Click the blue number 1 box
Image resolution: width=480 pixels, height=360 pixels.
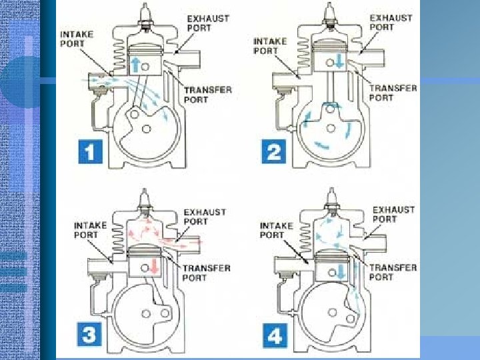point(90,151)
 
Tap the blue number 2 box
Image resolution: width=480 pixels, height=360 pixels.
point(274,151)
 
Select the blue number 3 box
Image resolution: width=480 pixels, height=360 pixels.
point(89,334)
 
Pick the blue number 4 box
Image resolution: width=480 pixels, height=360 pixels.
point(275,335)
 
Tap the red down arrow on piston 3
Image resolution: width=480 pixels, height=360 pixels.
point(154,265)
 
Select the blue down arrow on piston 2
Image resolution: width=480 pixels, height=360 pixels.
point(339,61)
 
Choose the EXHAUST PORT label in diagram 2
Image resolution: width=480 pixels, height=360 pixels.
point(391,23)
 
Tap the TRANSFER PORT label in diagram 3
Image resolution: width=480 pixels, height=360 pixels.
point(206,273)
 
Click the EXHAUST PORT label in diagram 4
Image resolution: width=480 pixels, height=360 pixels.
point(393,215)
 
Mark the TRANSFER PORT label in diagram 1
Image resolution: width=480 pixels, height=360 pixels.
point(208,95)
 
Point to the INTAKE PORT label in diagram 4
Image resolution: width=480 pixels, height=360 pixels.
point(277,231)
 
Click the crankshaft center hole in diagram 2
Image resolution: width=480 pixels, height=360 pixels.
point(331,128)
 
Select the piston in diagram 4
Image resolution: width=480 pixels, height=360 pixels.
point(333,265)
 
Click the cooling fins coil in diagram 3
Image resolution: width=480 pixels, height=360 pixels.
point(119,239)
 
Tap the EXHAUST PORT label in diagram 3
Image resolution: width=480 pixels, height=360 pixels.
point(205,217)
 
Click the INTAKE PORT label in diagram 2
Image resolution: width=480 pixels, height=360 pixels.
point(270,46)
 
